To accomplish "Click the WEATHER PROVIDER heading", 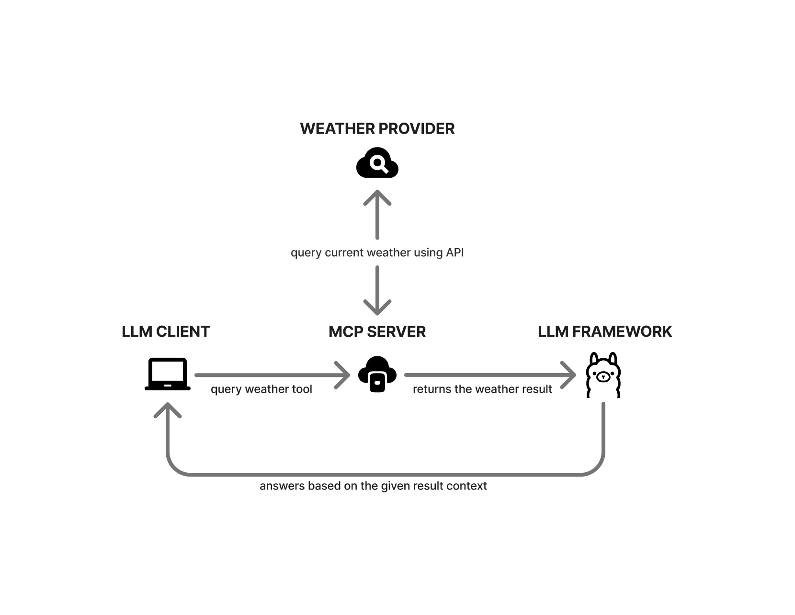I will pos(377,128).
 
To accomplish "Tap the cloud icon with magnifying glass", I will pos(377,164).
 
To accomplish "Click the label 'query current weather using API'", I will pos(377,252).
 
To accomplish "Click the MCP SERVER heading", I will pos(377,331).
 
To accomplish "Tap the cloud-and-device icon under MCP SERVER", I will pos(377,375).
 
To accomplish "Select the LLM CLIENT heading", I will pos(166,331).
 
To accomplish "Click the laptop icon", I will pos(167,374).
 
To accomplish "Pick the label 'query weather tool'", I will pos(261,389).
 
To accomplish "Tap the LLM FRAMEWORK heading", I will pos(604,331).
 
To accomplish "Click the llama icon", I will pos(603,375).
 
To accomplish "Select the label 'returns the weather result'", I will pos(482,389).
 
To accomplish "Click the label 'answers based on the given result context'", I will pos(373,486).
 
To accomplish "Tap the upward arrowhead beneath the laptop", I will pos(167,410).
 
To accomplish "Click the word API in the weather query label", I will pos(454,252).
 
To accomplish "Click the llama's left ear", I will pos(594,359).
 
